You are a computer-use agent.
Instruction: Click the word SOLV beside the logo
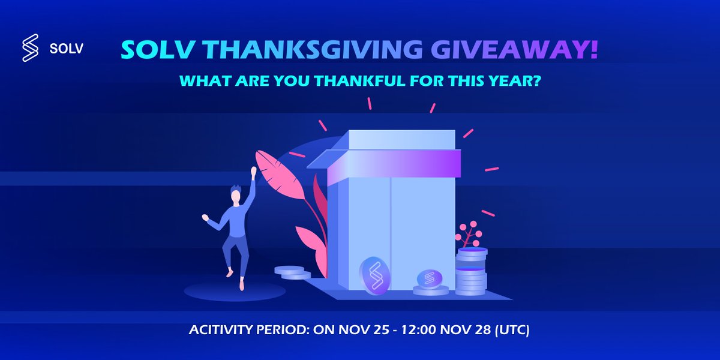pos(66,49)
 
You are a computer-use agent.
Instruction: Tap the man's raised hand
pos(254,172)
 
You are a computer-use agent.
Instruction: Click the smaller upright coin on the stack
pos(429,279)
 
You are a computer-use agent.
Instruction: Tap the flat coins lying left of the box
pos(292,272)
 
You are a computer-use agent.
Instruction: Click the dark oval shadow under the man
pos(234,291)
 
